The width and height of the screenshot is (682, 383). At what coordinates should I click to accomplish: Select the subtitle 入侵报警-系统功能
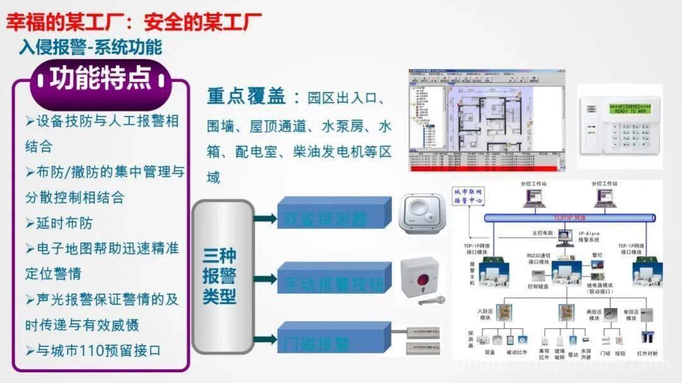point(90,47)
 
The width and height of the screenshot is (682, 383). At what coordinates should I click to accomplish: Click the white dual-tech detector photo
point(423,213)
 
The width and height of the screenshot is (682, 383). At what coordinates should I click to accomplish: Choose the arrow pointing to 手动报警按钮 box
point(266,280)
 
